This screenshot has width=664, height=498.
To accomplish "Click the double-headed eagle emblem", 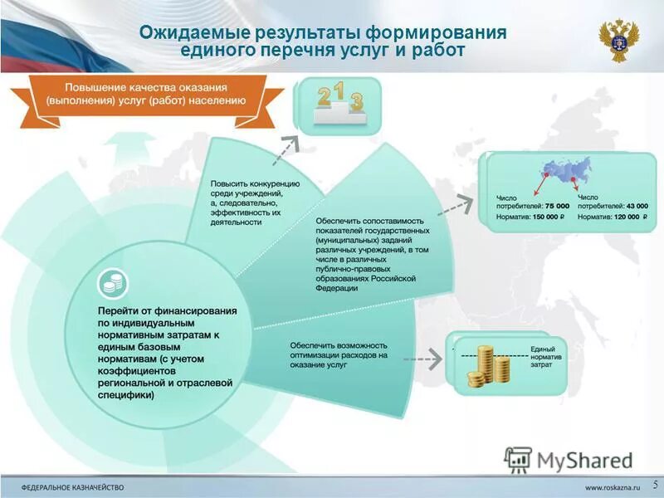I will pos(618,40).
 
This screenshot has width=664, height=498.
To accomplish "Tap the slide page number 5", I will pos(655,484).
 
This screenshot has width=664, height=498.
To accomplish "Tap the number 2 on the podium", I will pos(324,97).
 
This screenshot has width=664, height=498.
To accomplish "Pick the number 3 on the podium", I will pos(356,101).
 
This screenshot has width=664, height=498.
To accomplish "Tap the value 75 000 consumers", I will pos(557,205).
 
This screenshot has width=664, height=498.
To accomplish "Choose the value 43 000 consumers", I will pos(637,205).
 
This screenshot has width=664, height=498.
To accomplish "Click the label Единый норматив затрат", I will pos(542,355).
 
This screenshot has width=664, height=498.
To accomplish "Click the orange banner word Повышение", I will pos(94,87).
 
